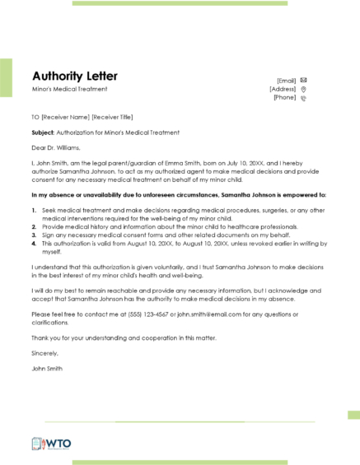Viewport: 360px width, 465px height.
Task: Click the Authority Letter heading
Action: click(74, 77)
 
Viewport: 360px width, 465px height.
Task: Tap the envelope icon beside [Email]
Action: click(304, 80)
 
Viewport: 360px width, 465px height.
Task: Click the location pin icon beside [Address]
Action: click(304, 89)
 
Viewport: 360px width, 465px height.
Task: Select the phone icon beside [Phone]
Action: click(304, 98)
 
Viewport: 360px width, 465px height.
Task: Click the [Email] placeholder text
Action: click(287, 80)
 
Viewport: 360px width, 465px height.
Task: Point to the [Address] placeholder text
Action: click(283, 89)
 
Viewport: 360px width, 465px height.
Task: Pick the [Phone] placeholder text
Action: click(284, 98)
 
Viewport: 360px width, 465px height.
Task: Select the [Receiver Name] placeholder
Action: click(65, 117)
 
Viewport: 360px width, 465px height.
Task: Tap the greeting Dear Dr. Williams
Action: click(56, 148)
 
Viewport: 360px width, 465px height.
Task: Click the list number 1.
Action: click(34, 211)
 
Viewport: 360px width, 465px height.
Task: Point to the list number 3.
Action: click(34, 237)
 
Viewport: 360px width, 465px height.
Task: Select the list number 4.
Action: click(34, 244)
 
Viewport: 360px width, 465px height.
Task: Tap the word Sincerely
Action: click(45, 351)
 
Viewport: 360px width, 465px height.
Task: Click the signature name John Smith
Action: click(48, 367)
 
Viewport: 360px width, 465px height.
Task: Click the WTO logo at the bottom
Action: click(52, 444)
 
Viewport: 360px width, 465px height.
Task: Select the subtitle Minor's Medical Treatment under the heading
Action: click(69, 89)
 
